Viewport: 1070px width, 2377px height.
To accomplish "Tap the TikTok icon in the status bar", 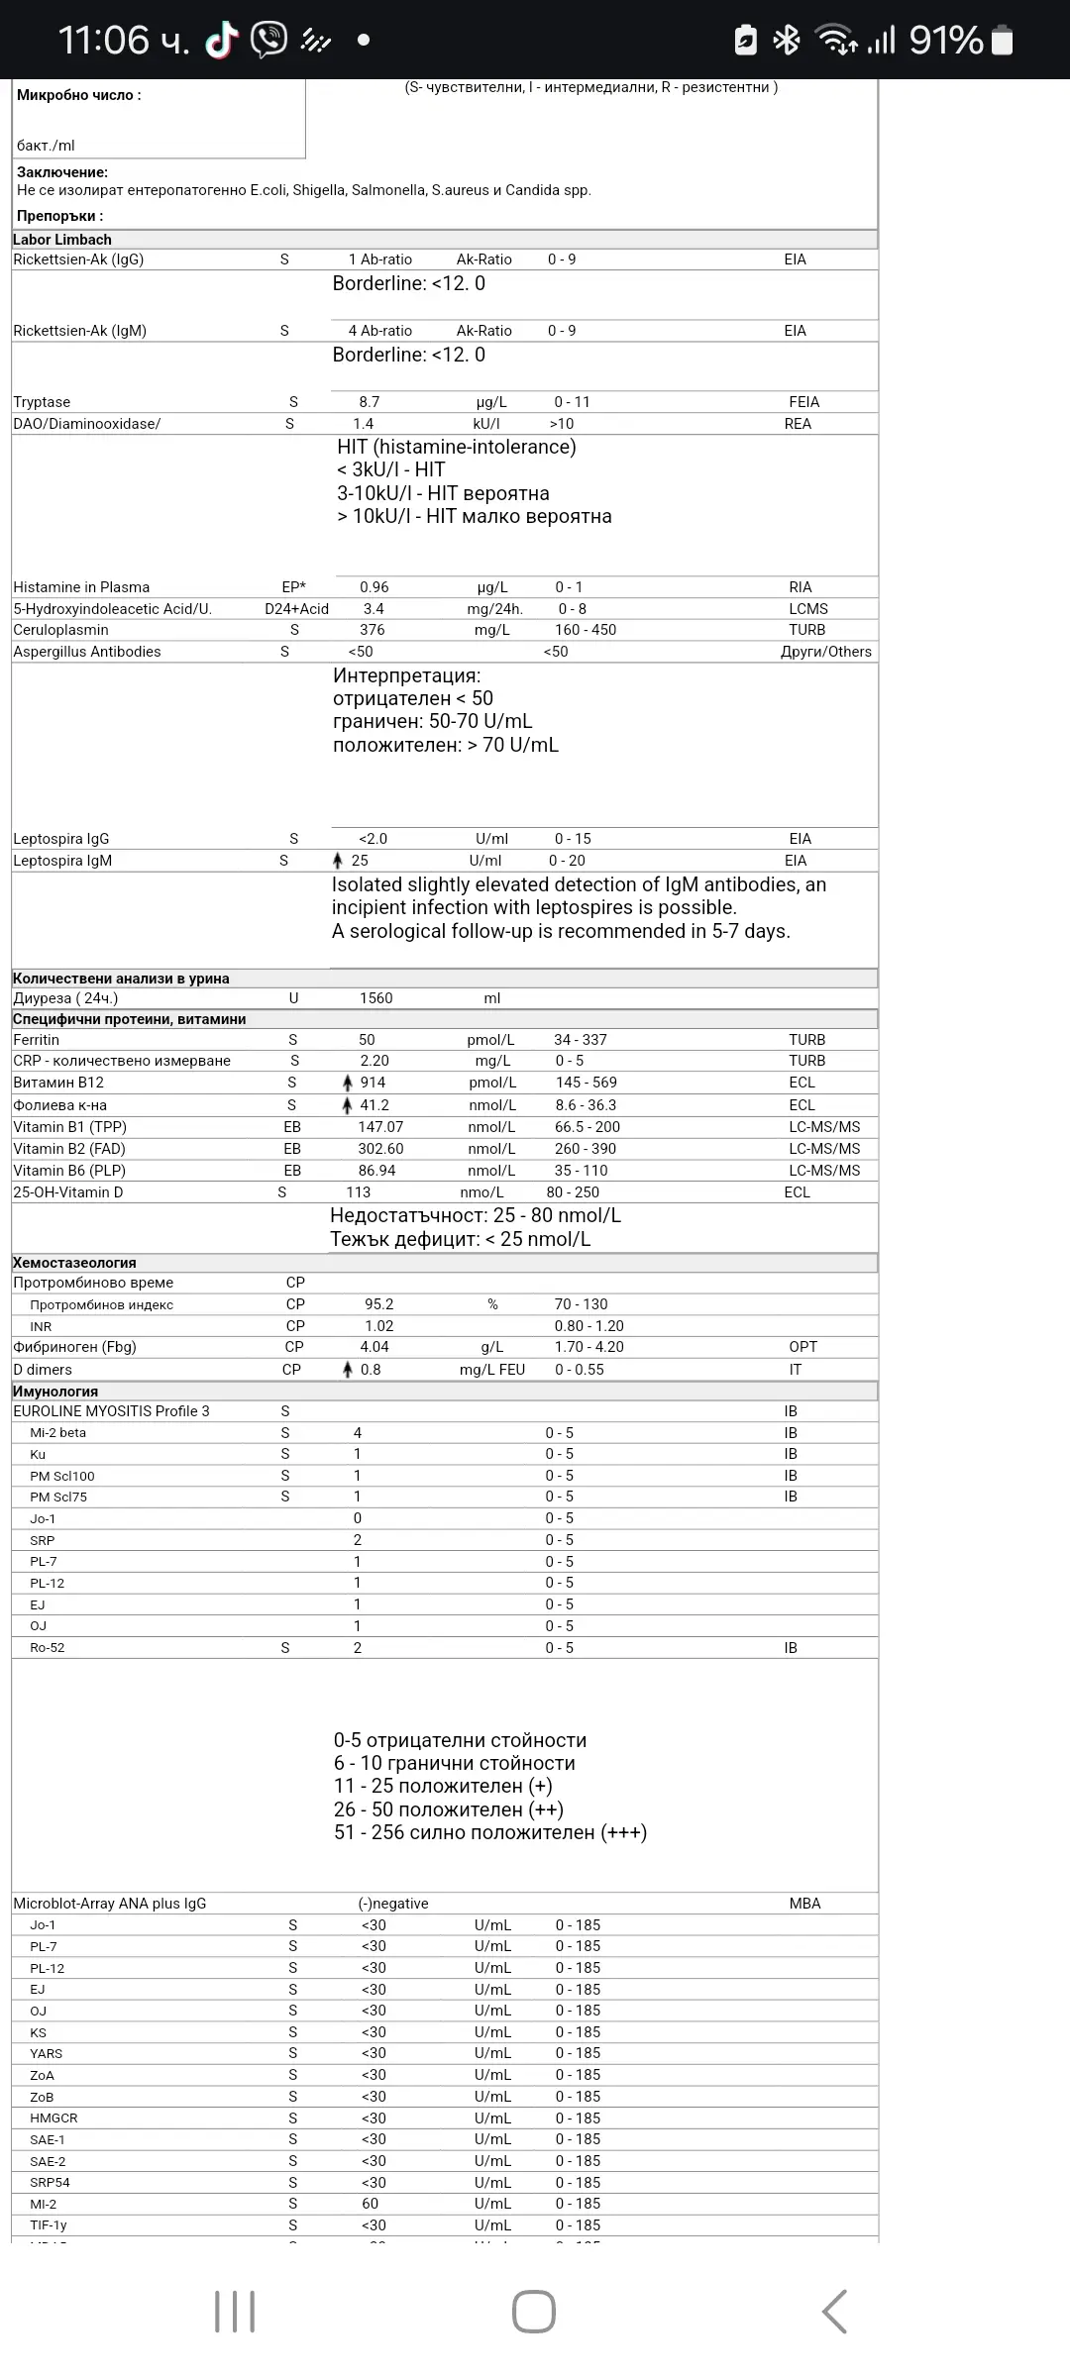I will [x=222, y=40].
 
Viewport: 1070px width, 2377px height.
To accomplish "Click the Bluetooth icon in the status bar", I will [x=787, y=40].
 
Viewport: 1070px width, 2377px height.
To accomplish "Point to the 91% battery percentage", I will [x=945, y=40].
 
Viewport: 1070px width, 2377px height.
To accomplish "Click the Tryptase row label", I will [x=42, y=402].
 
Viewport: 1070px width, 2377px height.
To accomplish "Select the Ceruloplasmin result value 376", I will [x=373, y=630].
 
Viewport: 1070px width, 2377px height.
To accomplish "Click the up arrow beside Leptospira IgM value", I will [x=338, y=861].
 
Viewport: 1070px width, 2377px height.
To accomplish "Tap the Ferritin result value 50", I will [x=367, y=1040].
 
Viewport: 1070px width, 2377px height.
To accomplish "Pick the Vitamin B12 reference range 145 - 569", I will [x=586, y=1083].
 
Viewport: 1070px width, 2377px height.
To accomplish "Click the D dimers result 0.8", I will [x=371, y=1370].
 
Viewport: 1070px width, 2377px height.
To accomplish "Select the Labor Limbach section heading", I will [x=62, y=240].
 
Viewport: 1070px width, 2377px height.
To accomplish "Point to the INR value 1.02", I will [x=378, y=1326].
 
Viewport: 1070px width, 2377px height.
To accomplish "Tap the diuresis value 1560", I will [x=375, y=998].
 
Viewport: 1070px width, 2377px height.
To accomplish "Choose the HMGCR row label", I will [x=53, y=2119].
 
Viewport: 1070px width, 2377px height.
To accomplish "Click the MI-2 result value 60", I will [x=370, y=2204].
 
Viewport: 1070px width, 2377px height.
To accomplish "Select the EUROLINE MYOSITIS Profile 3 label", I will [x=111, y=1411].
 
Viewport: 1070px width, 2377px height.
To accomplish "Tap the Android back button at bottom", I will [x=834, y=2312].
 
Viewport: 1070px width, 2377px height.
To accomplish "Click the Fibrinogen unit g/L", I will [x=491, y=1347].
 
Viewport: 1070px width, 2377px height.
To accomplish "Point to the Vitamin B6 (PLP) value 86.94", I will [x=376, y=1171].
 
